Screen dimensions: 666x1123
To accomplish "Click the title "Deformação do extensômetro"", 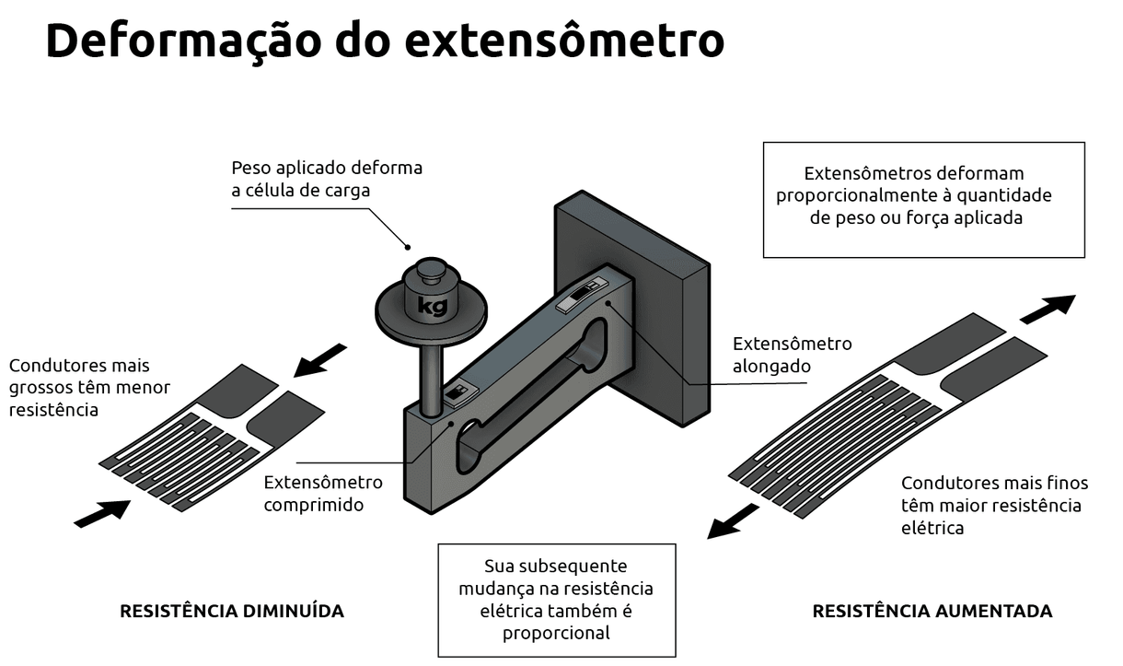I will pos(384,41).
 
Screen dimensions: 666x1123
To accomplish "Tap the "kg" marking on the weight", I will pos(430,305).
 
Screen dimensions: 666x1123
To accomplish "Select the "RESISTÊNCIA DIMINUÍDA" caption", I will pos(232,611).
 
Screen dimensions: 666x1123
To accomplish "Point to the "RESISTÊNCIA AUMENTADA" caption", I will pos(932,611).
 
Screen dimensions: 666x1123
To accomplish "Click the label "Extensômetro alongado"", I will pos(792,355).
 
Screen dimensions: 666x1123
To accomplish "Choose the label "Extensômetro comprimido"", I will pos(323,494).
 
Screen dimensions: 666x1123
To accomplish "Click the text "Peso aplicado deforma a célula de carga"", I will pos(326,179).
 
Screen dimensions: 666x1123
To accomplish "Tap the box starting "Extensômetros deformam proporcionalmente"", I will pos(924,198).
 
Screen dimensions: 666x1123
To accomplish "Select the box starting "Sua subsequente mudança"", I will pos(556,600).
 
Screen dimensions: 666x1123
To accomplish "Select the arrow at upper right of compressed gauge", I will pos(318,359).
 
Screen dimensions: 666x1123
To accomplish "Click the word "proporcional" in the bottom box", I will pos(556,633).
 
